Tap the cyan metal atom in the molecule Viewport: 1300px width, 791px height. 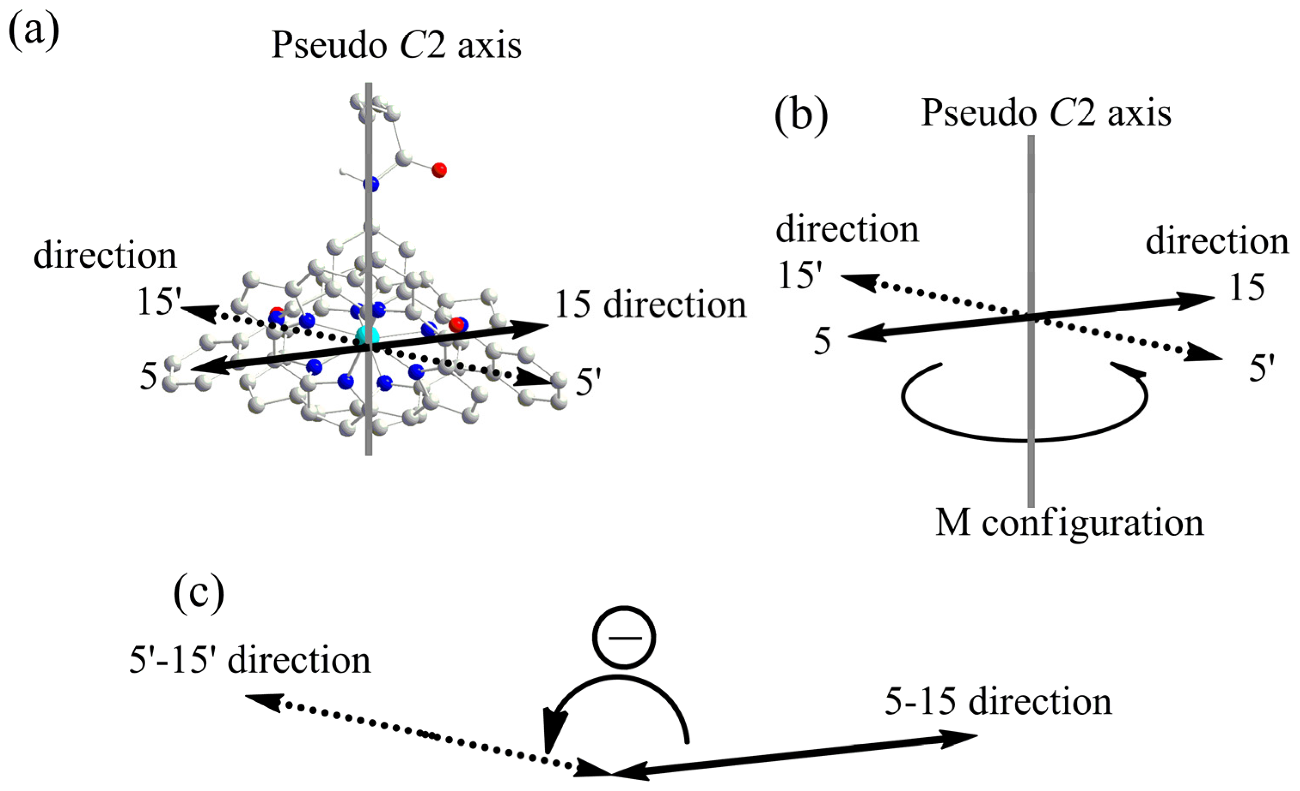pos(368,335)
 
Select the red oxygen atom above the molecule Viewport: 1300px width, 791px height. pos(438,170)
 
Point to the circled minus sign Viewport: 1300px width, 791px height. pos(624,637)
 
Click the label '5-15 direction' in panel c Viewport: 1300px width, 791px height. pos(998,702)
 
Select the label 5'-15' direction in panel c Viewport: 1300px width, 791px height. pos(250,660)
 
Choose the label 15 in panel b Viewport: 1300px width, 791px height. pos(1247,288)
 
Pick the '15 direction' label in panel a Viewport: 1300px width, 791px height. pos(650,305)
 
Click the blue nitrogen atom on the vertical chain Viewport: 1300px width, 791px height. pos(371,184)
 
